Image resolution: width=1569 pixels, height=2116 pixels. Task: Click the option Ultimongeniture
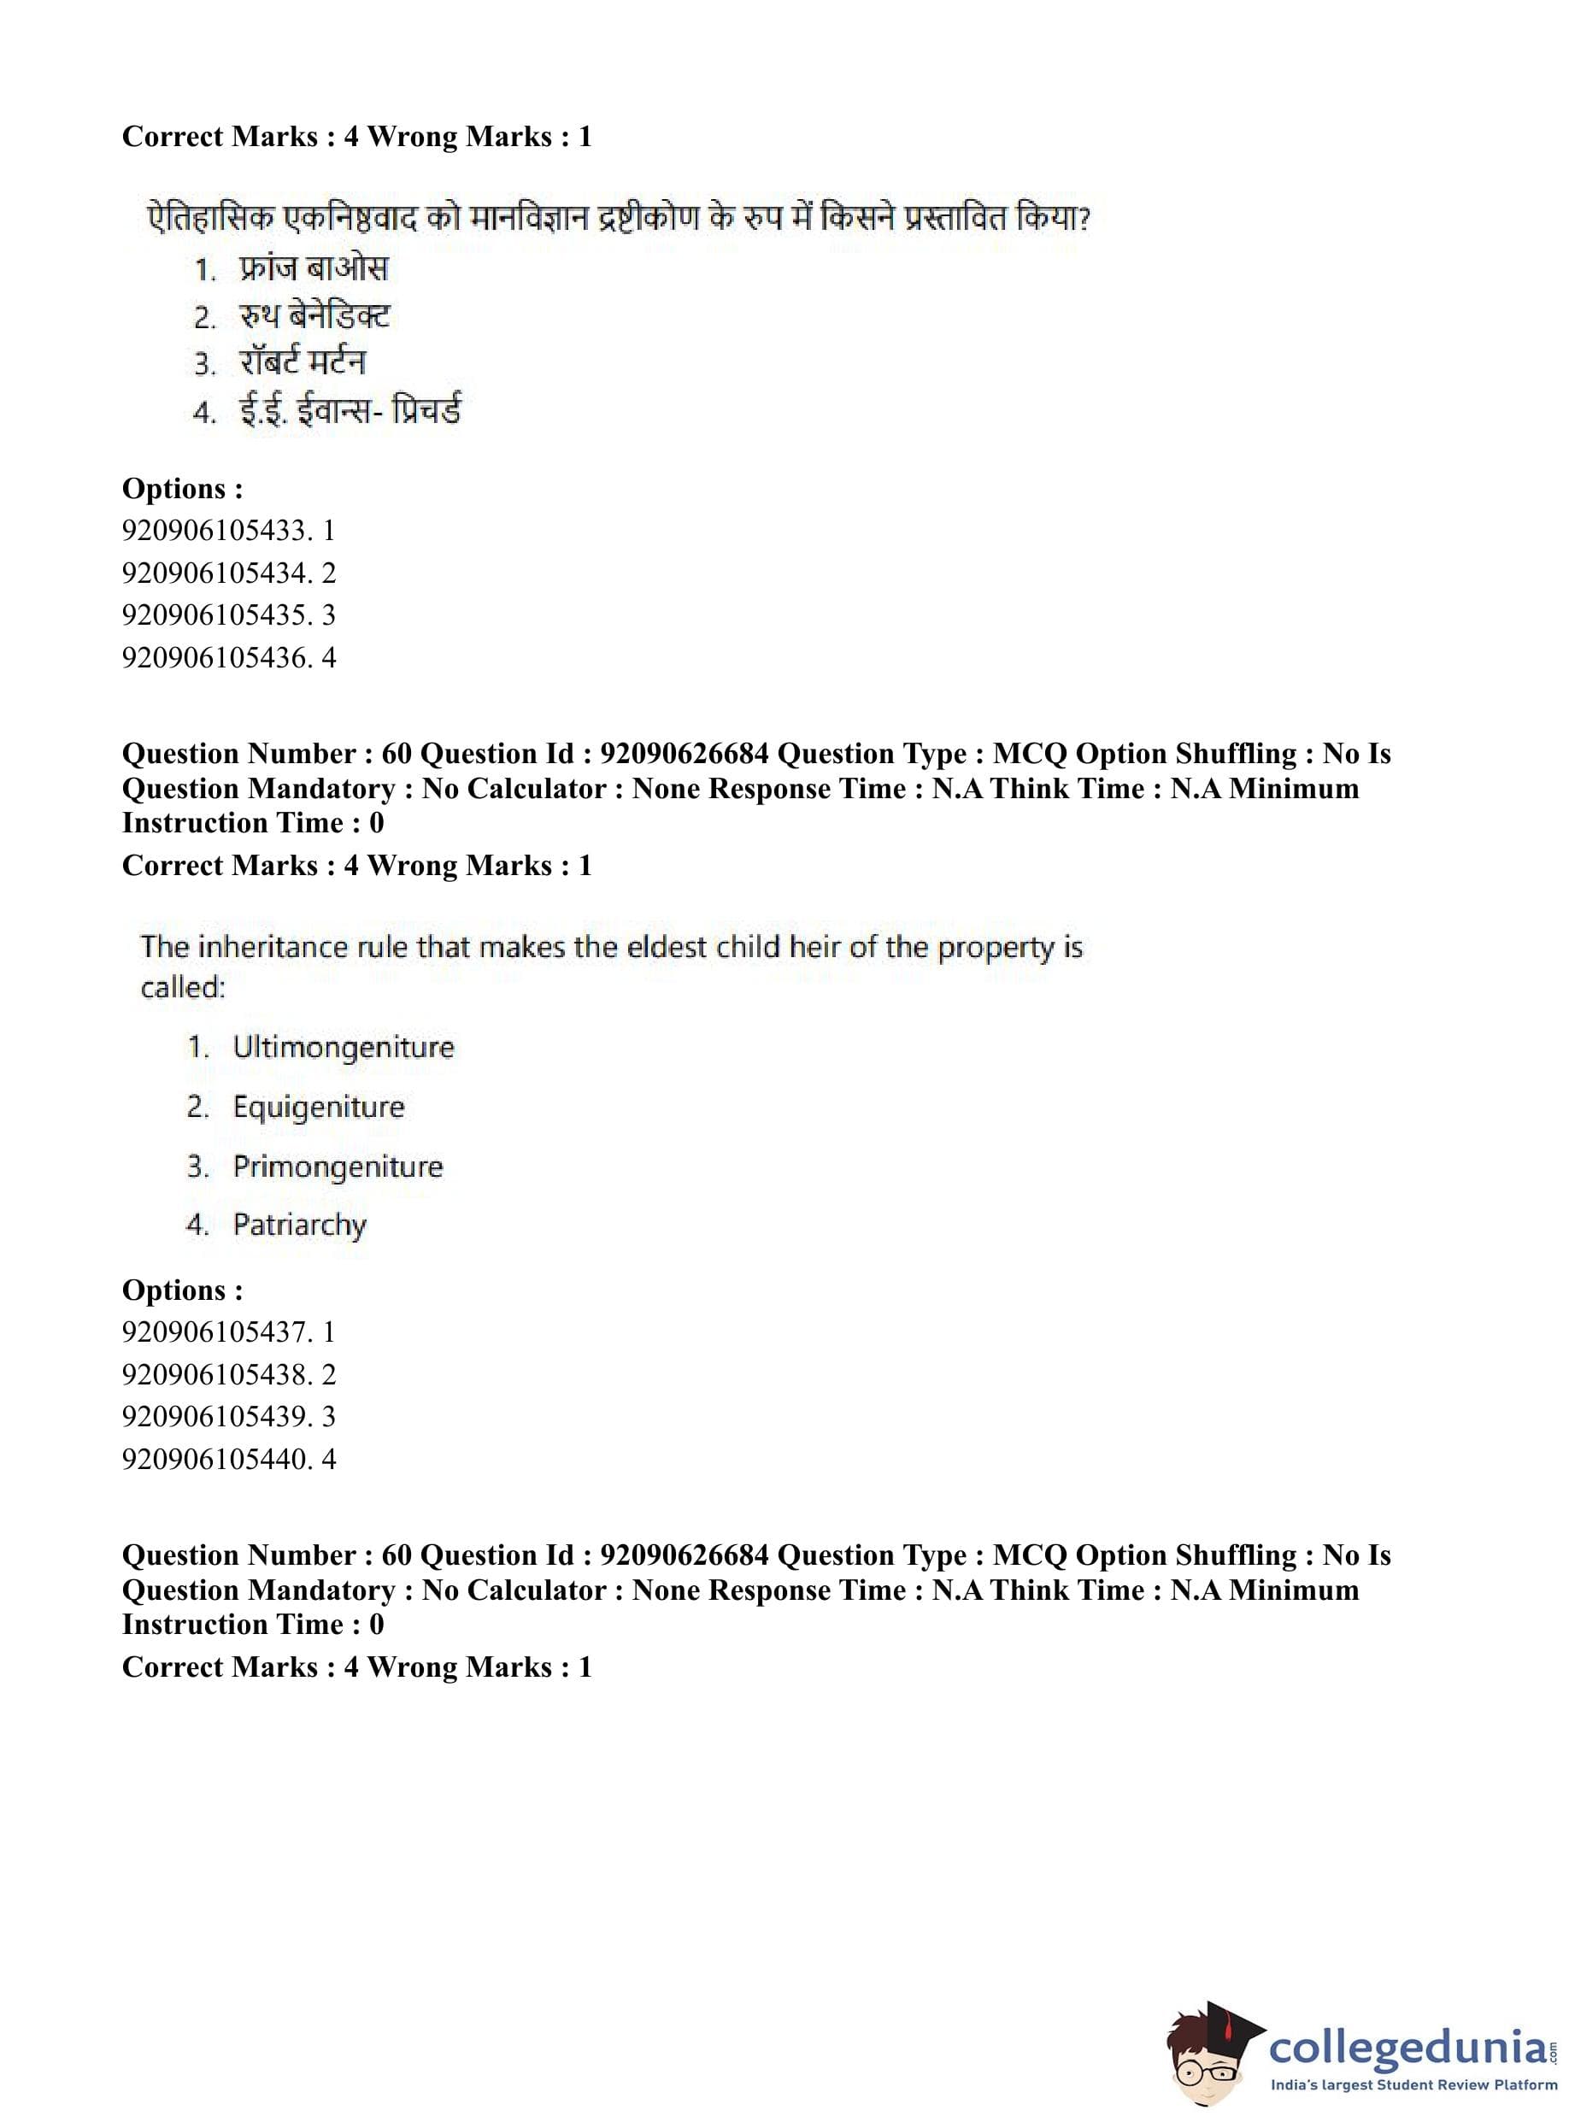(343, 1047)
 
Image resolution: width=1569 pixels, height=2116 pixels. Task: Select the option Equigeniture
(318, 1107)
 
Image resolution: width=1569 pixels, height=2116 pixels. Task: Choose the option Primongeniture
(338, 1167)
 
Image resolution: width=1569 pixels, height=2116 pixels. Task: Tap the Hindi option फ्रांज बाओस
(314, 269)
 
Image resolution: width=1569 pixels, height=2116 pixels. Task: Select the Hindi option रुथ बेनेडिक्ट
(314, 316)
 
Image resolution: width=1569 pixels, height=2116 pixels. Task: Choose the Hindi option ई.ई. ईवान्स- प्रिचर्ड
(349, 411)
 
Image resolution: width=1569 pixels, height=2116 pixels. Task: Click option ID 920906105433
(228, 530)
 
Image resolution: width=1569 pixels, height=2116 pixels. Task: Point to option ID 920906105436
(228, 657)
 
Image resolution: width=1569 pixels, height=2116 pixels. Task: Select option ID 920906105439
(228, 1416)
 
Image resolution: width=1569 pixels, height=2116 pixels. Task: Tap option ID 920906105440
(228, 1459)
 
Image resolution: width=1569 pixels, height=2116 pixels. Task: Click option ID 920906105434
(228, 573)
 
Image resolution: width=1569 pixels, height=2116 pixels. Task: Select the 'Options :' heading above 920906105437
(182, 1290)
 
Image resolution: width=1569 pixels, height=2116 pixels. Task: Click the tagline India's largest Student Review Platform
(1414, 2085)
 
